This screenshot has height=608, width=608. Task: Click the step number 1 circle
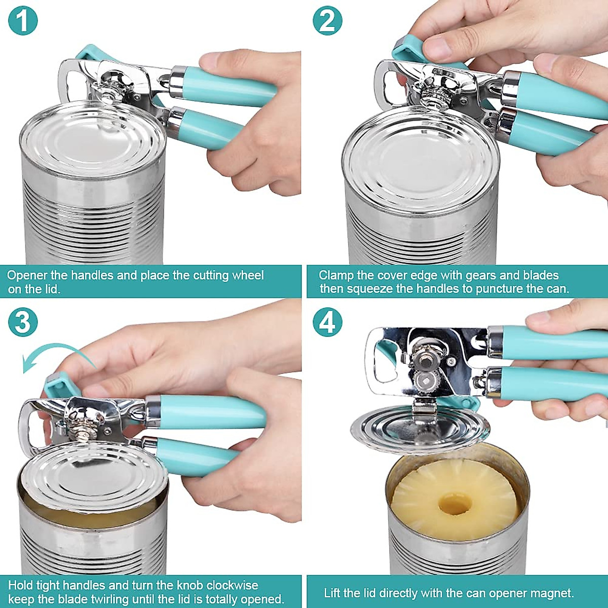pos(23,20)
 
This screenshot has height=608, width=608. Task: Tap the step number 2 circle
pos(327,20)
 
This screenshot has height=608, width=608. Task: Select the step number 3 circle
pos(23,322)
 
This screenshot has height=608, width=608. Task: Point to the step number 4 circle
pos(327,322)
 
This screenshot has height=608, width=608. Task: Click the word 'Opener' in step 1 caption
pos(27,276)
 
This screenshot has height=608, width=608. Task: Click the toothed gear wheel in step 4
pos(425,382)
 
